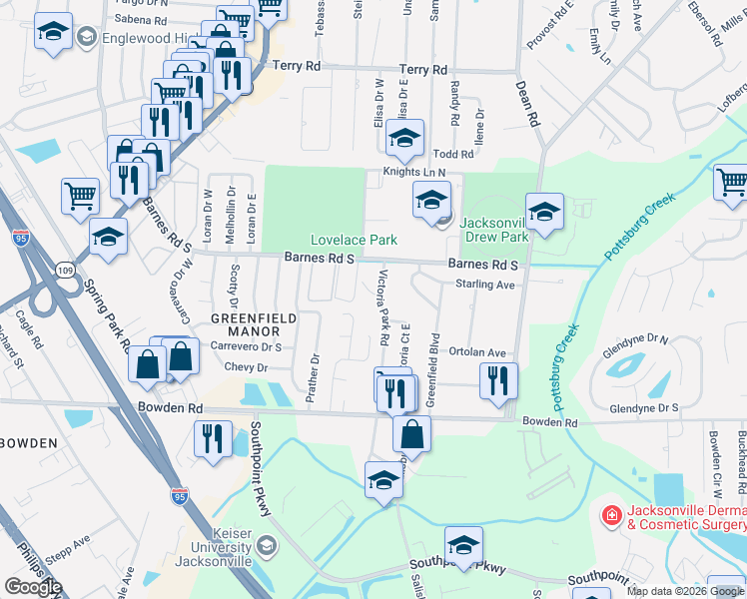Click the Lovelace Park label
click(x=354, y=240)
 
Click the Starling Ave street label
click(x=484, y=285)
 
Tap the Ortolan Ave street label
click(x=477, y=352)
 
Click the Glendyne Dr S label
click(x=643, y=407)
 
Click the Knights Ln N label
click(x=413, y=173)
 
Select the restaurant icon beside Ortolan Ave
click(x=497, y=380)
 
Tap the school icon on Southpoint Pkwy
click(x=463, y=545)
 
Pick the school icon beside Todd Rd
click(x=404, y=139)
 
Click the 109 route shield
click(x=65, y=271)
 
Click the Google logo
click(x=33, y=587)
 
